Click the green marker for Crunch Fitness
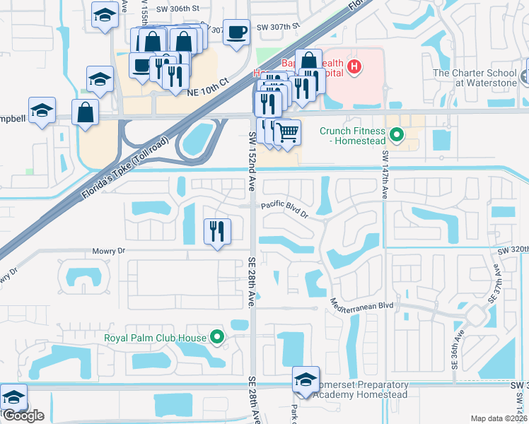(397, 133)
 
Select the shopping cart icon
(286, 131)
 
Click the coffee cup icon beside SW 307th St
(237, 32)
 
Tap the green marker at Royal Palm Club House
(217, 337)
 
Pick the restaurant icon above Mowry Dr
(216, 231)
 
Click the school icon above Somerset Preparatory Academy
(306, 379)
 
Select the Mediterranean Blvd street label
(362, 303)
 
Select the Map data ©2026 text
(499, 418)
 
